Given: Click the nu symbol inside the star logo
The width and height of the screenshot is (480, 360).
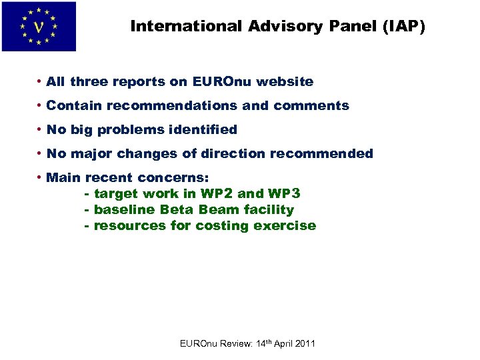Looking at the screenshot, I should [x=39, y=27].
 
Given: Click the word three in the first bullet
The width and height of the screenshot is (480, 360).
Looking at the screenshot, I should [x=88, y=82].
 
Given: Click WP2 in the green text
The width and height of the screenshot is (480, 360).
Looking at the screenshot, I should [x=217, y=194].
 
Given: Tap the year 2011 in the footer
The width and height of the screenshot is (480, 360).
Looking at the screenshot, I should [x=304, y=344].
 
